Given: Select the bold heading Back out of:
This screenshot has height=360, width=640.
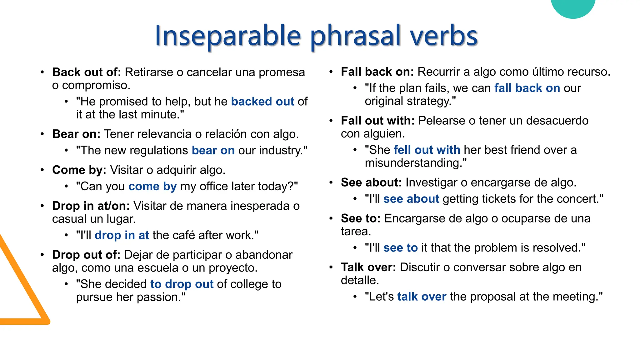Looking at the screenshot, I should [87, 72].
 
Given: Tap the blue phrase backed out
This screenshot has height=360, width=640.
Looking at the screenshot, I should [262, 102].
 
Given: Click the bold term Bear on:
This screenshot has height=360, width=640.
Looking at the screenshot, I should [76, 134].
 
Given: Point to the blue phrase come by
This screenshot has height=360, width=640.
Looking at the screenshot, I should [152, 186].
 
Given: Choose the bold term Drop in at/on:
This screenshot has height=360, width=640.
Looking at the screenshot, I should [91, 206].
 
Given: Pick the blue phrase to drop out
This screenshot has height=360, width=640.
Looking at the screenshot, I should [182, 284].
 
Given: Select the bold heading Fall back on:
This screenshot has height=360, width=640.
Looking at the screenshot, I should [377, 72].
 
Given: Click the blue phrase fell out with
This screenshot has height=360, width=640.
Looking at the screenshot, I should [427, 150].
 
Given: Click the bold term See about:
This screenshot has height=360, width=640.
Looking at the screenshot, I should [371, 182].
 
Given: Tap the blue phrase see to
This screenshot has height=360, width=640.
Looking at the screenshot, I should [400, 248].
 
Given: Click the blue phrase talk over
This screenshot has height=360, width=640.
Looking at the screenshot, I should [422, 297].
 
